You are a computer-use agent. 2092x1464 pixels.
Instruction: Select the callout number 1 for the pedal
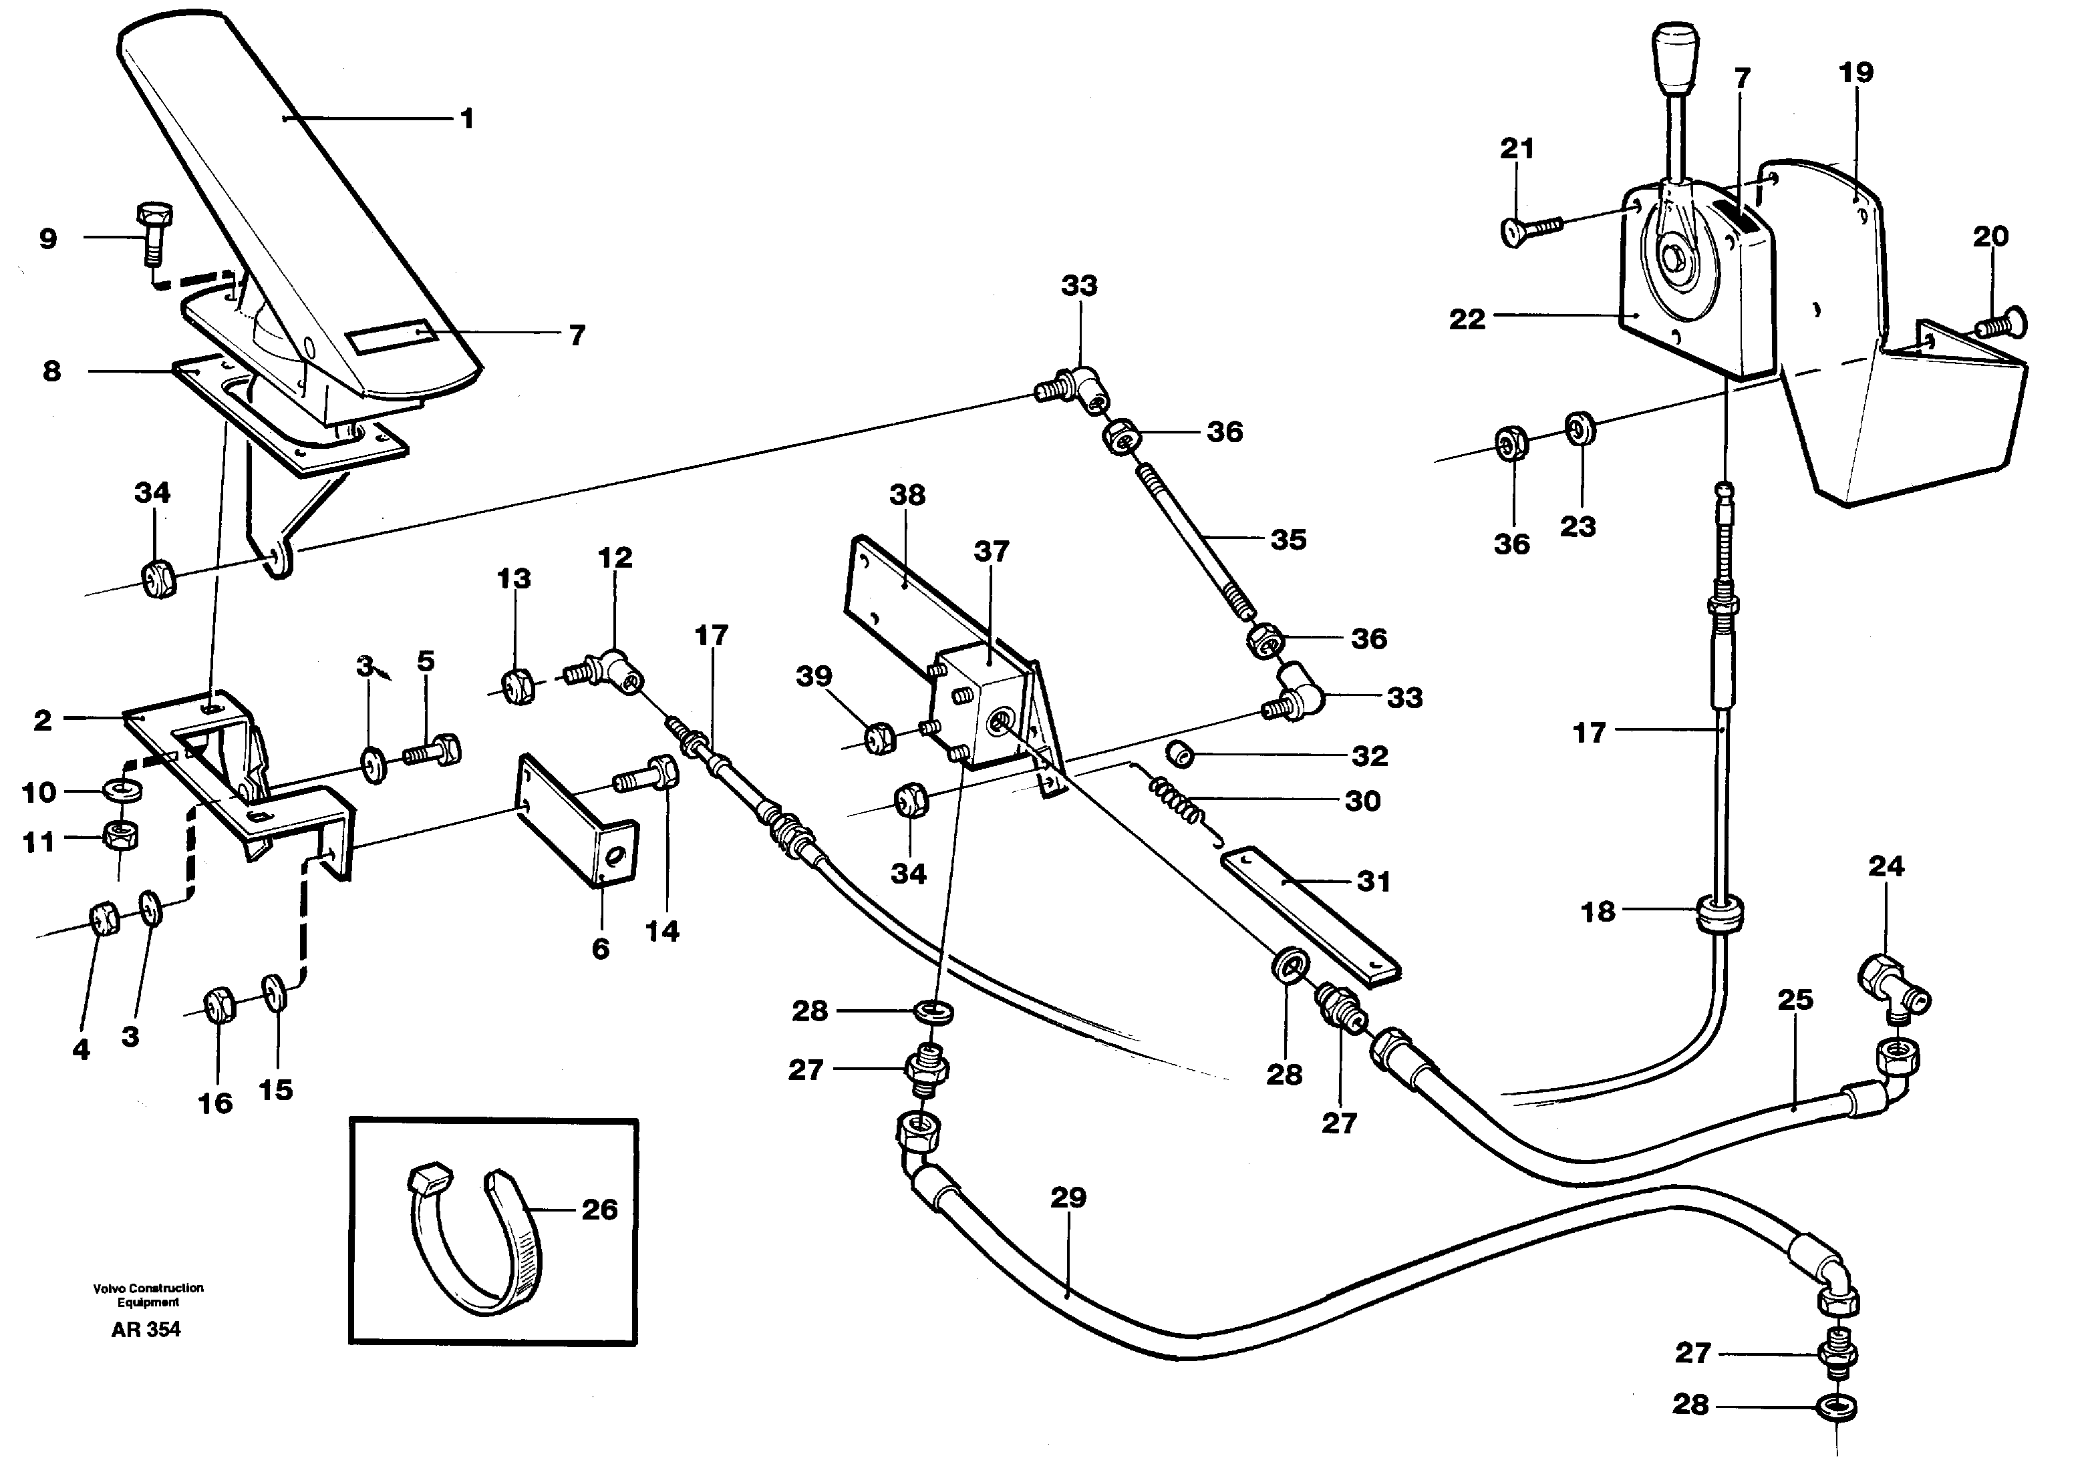(466, 120)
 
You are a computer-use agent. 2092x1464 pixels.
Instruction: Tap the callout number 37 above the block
(992, 551)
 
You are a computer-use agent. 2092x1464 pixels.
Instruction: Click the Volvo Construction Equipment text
(148, 1294)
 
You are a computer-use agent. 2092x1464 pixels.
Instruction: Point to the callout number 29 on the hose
(1068, 1196)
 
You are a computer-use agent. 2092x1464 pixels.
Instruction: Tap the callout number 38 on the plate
(907, 495)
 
